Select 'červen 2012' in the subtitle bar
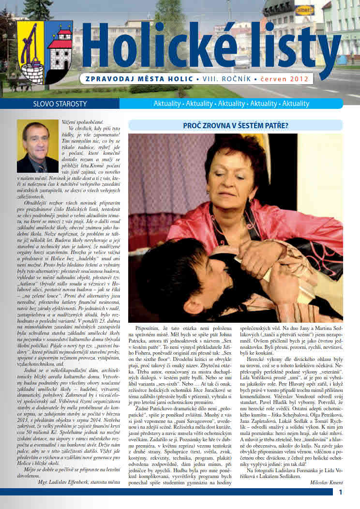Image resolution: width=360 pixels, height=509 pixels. pyautogui.click(x=286, y=78)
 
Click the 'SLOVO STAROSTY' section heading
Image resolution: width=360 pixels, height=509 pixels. pyautogui.click(x=53, y=104)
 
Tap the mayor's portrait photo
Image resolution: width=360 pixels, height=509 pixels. pyautogui.click(x=38, y=147)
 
